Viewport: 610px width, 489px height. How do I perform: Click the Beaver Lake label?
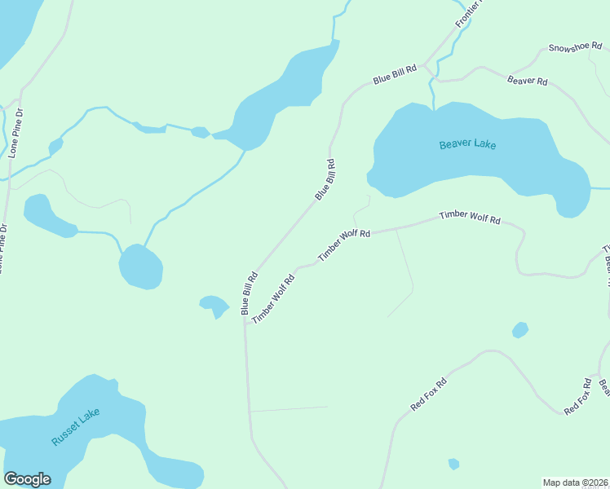point(467,145)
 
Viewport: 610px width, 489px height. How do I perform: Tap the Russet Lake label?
point(75,426)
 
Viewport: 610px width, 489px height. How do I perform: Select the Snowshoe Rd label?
point(573,48)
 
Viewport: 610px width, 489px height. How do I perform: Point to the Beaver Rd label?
point(527,81)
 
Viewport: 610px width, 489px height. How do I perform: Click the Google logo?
point(27,479)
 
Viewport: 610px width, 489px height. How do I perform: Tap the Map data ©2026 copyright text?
point(575,482)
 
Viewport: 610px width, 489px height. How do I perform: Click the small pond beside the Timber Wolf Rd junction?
point(214,305)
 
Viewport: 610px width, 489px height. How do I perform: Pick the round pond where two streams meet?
point(140,267)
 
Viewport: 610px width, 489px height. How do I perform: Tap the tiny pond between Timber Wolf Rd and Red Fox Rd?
point(519,330)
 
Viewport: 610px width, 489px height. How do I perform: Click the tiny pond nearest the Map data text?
point(453,464)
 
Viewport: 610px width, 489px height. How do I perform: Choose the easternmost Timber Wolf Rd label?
point(469,217)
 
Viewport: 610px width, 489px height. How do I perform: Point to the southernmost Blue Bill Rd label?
point(249,293)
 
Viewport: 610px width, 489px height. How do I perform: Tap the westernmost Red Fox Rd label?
point(429,394)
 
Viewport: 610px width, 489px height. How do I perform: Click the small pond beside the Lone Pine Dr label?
point(55,147)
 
